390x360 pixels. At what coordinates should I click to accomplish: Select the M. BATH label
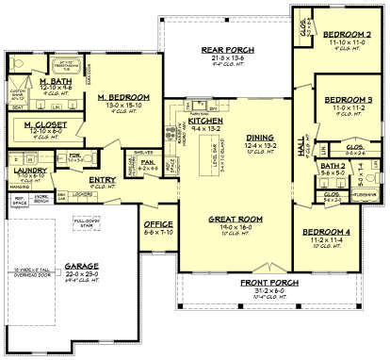(x=37, y=83)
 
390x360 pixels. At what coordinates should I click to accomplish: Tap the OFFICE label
(x=156, y=224)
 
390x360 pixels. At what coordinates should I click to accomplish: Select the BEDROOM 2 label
(x=342, y=33)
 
